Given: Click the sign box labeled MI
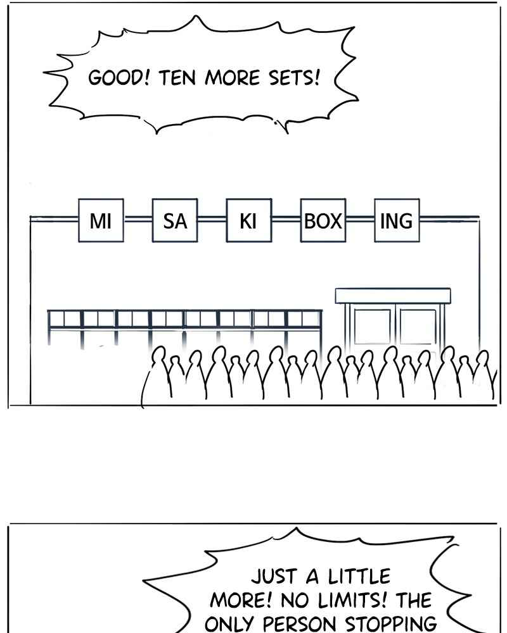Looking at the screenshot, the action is click(x=101, y=220).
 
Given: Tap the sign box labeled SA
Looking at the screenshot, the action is click(x=175, y=220).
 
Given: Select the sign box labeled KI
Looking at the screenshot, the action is click(x=248, y=220).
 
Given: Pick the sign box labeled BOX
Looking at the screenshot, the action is click(x=323, y=220).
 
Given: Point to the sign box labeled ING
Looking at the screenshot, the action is click(x=397, y=220).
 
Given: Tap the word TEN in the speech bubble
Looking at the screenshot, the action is click(x=177, y=77).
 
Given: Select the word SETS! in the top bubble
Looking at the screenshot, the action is click(x=294, y=77).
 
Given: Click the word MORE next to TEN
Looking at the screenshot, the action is click(x=232, y=77).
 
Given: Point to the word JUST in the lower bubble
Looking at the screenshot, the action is click(x=274, y=576).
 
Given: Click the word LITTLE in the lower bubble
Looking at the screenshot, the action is click(x=359, y=576).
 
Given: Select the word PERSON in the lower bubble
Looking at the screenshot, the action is click(x=300, y=624).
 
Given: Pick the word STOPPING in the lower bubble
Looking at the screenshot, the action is click(x=390, y=624).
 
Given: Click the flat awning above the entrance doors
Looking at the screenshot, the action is click(x=393, y=296).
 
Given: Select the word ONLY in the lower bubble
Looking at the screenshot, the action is click(x=229, y=624).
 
